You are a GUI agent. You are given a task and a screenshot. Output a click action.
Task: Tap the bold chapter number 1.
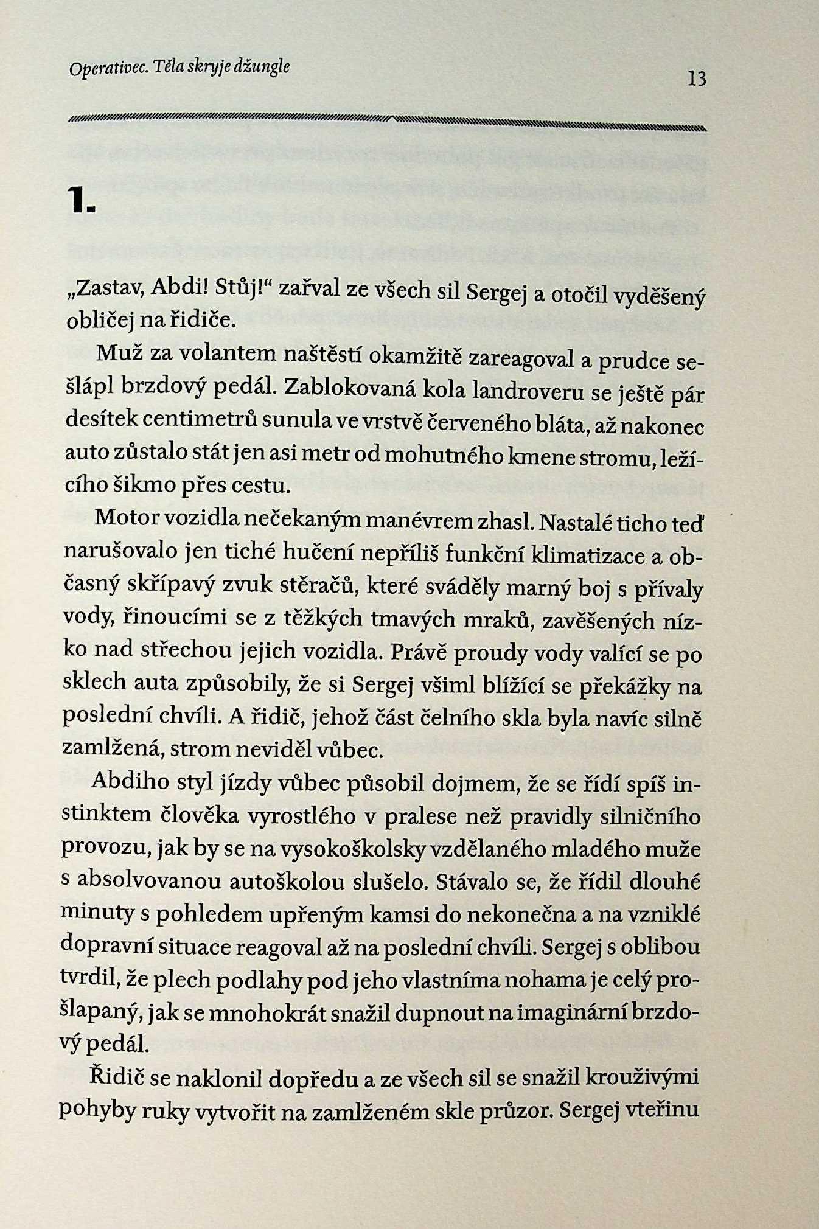click(82, 201)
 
